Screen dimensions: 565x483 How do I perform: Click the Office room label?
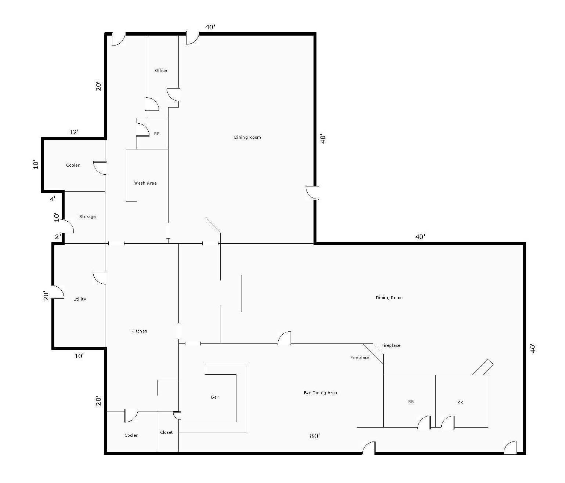coord(161,70)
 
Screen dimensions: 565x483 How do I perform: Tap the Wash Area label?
coord(145,183)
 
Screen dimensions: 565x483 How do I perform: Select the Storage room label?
coord(87,217)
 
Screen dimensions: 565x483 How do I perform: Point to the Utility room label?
coord(80,299)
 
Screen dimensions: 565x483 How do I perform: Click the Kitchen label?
coord(139,331)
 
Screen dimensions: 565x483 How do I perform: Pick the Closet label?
coord(166,432)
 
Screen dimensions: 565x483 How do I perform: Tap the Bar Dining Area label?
coord(320,393)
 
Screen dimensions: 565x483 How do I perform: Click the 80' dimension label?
coord(315,436)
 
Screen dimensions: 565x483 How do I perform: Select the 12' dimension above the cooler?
coord(74,132)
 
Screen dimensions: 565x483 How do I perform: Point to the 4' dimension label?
coord(53,199)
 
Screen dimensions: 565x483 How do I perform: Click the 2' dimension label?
coord(58,237)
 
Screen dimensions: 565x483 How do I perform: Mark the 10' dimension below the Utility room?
coord(79,356)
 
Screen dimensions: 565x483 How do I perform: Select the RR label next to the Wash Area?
coord(157,134)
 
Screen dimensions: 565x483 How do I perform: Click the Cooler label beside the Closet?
coord(131,435)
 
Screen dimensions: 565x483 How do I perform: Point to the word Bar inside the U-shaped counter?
coord(214,397)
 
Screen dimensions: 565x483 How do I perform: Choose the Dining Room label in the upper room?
coord(247,137)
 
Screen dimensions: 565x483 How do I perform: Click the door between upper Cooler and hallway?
coord(100,168)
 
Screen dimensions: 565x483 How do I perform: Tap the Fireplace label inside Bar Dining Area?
coord(360,357)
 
